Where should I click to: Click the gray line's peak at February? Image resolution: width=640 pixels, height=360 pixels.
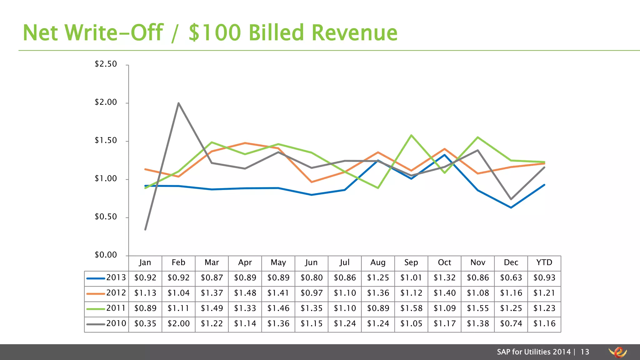(x=178, y=103)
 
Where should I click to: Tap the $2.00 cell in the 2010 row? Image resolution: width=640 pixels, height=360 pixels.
(x=178, y=323)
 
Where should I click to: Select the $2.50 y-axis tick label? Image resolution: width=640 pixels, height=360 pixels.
(x=106, y=64)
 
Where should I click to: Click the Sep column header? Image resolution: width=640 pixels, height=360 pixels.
(x=411, y=262)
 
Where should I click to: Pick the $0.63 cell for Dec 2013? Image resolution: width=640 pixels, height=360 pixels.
(x=511, y=278)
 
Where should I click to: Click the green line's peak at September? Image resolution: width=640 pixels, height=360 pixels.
(x=411, y=135)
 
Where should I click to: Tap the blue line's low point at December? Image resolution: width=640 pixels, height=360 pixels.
(x=511, y=207)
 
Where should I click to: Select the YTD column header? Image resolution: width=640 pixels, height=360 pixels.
(x=544, y=262)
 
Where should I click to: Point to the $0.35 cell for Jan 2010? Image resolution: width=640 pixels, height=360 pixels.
(x=145, y=323)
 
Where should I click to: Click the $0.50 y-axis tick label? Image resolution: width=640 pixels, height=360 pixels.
(x=106, y=217)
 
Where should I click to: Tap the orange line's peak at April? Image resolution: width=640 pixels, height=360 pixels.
(x=245, y=143)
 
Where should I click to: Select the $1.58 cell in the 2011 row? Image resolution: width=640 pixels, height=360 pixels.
(x=411, y=308)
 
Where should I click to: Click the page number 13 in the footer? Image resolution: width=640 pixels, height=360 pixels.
(x=585, y=352)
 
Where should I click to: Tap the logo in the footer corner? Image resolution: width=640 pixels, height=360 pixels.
(x=618, y=352)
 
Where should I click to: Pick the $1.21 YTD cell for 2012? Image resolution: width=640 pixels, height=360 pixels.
(x=544, y=293)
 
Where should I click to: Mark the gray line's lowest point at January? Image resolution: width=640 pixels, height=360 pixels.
(x=145, y=229)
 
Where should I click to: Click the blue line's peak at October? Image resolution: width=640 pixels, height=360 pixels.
(x=444, y=155)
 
